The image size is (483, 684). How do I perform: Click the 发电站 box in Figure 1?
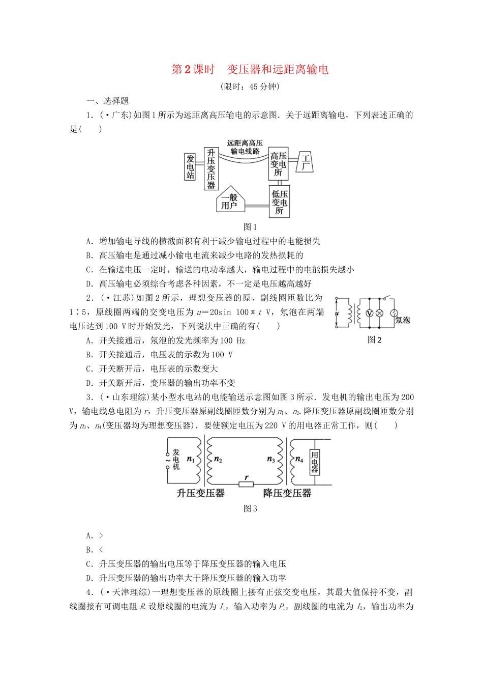(190, 166)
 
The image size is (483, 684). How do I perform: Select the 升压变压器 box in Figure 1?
(211, 169)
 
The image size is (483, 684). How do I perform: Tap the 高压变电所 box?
(278, 164)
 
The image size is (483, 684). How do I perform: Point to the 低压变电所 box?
(279, 202)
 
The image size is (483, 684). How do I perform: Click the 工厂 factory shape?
(306, 162)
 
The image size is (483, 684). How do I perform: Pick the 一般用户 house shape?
(230, 202)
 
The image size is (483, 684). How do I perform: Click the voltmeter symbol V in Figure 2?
(370, 313)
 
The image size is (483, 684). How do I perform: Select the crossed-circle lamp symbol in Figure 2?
(379, 313)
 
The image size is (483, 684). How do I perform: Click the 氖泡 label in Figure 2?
(403, 320)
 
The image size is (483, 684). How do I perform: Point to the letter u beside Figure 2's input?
(337, 313)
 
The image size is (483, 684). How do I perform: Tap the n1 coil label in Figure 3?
(191, 459)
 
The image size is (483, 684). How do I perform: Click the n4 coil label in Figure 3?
(299, 460)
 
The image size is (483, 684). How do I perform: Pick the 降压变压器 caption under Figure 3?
(287, 493)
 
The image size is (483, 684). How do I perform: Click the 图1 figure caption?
(250, 227)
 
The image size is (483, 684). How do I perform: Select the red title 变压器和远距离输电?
(278, 70)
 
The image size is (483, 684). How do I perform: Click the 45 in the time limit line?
(254, 87)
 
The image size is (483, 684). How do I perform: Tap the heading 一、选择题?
(108, 101)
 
